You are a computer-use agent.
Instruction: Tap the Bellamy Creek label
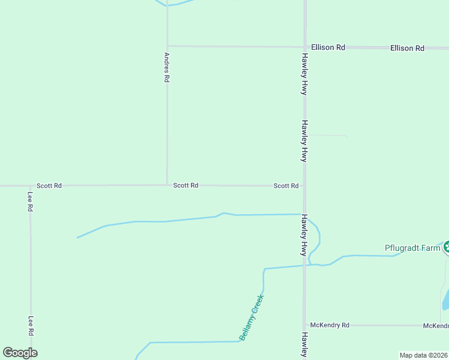tap(252, 317)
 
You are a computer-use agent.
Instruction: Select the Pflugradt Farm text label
tap(412, 248)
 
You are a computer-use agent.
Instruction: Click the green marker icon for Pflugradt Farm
tap(446, 247)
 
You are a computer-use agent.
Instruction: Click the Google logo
tap(20, 353)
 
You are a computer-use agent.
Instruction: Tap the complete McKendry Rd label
tap(329, 325)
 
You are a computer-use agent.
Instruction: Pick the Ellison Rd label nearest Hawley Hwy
tap(328, 47)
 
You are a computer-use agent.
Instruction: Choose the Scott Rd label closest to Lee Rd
tap(49, 186)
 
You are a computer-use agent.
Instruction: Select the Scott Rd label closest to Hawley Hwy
tap(286, 186)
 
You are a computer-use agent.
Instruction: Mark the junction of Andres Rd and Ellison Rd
tap(167, 46)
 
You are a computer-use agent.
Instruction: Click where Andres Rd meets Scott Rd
tap(167, 185)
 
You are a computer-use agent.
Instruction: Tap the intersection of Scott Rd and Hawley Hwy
tap(304, 185)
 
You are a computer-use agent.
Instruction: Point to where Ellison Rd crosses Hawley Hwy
tap(305, 47)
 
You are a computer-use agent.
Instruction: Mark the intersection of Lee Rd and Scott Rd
tap(30, 186)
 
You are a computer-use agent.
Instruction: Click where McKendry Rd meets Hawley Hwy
tap(304, 325)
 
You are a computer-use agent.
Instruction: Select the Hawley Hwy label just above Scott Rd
tap(304, 141)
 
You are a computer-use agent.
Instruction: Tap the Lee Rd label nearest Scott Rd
tap(30, 202)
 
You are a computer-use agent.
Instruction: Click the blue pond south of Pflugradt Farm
tap(445, 300)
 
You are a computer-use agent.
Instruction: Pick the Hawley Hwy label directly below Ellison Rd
tap(305, 74)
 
